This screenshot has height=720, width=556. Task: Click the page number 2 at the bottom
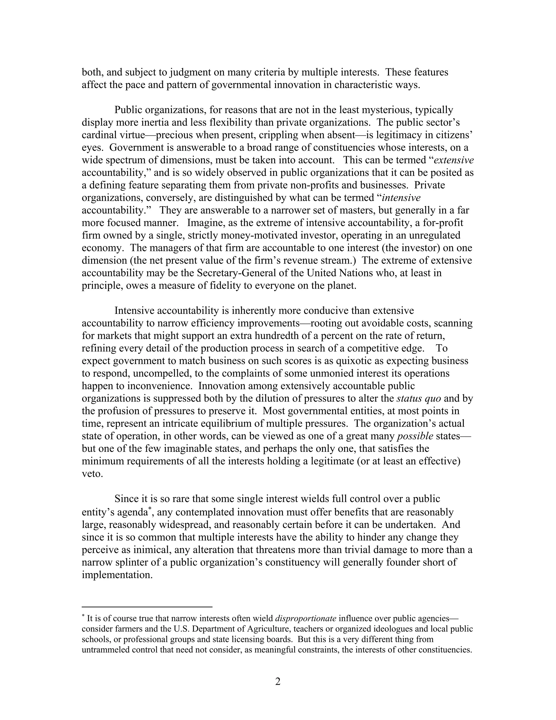(x=278, y=681)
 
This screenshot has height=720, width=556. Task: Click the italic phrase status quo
(x=419, y=399)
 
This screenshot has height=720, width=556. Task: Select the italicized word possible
(x=415, y=436)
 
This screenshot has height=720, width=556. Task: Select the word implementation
(x=117, y=575)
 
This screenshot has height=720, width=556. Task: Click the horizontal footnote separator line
(x=147, y=607)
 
